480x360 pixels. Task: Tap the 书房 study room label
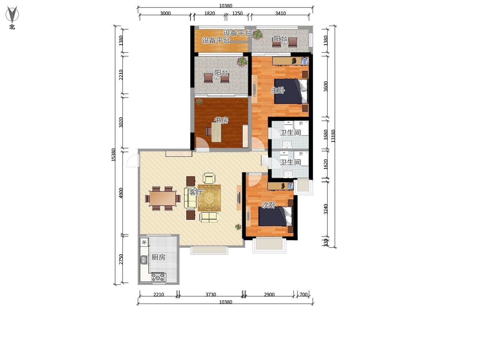(221, 120)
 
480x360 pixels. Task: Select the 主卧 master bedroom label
(278, 90)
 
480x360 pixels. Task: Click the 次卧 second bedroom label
(268, 205)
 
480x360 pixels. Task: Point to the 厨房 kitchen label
(158, 257)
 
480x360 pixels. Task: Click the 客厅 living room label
(196, 192)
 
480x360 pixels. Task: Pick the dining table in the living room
(163, 198)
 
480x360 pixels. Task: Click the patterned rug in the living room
(209, 198)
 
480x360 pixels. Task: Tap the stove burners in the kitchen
(158, 277)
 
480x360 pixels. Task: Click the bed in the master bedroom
(291, 91)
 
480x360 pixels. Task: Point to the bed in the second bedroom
(275, 216)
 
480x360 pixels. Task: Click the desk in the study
(216, 132)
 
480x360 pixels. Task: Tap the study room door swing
(203, 144)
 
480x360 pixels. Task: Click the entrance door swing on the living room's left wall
(133, 160)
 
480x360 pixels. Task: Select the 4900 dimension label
(121, 193)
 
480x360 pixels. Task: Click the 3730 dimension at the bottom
(211, 294)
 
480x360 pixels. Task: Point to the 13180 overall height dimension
(333, 136)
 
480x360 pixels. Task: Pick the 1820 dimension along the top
(210, 13)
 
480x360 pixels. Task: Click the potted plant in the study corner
(199, 102)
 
